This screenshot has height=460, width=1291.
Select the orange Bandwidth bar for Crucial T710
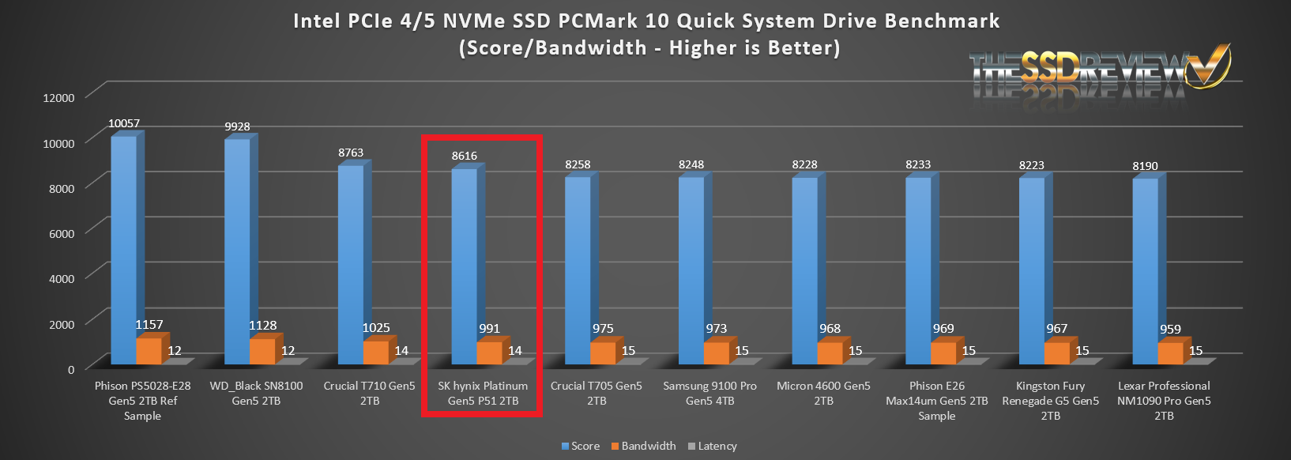click(x=375, y=353)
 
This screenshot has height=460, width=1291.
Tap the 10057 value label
click(x=124, y=123)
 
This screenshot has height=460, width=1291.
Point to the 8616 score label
click(x=465, y=156)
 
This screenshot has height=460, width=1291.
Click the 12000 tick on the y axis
click(x=58, y=97)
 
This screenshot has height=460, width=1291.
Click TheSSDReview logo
click(x=1099, y=71)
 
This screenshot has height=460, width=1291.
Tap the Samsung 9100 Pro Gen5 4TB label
click(x=709, y=393)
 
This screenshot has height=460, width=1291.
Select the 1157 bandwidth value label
click(x=149, y=325)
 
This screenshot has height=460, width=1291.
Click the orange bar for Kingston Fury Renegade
click(x=1056, y=353)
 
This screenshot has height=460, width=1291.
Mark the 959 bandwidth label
click(x=1170, y=330)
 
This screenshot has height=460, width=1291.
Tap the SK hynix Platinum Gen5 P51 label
click(x=483, y=393)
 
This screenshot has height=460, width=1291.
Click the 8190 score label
click(x=1145, y=166)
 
